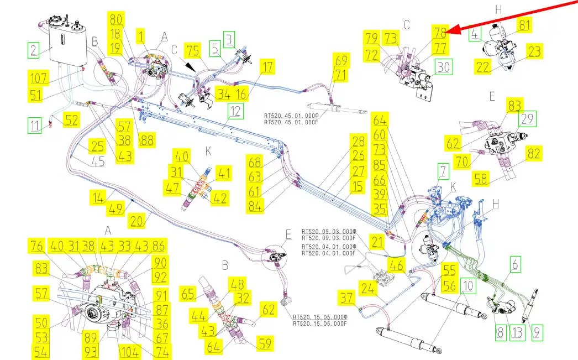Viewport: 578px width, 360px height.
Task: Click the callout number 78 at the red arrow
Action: [440, 33]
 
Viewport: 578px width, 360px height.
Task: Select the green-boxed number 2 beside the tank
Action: [34, 50]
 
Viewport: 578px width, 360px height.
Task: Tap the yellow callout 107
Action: [38, 78]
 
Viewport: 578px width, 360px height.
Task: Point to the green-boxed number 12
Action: [235, 111]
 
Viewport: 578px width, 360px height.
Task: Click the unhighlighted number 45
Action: [98, 161]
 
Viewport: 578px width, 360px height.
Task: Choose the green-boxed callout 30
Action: [444, 67]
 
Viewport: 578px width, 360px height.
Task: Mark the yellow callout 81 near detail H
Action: [524, 25]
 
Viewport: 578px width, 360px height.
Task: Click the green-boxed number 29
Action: [527, 119]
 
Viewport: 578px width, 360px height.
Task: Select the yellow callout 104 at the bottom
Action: [130, 352]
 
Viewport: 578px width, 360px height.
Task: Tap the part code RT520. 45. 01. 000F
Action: [291, 122]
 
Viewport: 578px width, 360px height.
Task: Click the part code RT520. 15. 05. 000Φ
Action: [320, 317]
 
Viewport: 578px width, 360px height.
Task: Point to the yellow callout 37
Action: [346, 298]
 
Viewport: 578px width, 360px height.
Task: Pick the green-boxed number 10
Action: [468, 286]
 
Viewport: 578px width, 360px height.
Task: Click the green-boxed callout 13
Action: [517, 333]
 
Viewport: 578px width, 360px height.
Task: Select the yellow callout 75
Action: [193, 50]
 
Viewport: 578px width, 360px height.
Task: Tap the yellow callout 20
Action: [136, 221]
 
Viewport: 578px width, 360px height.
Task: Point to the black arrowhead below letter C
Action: [190, 67]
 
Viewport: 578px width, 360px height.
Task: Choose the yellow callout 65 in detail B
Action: [188, 294]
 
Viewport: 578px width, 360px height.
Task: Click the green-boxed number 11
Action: [35, 126]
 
